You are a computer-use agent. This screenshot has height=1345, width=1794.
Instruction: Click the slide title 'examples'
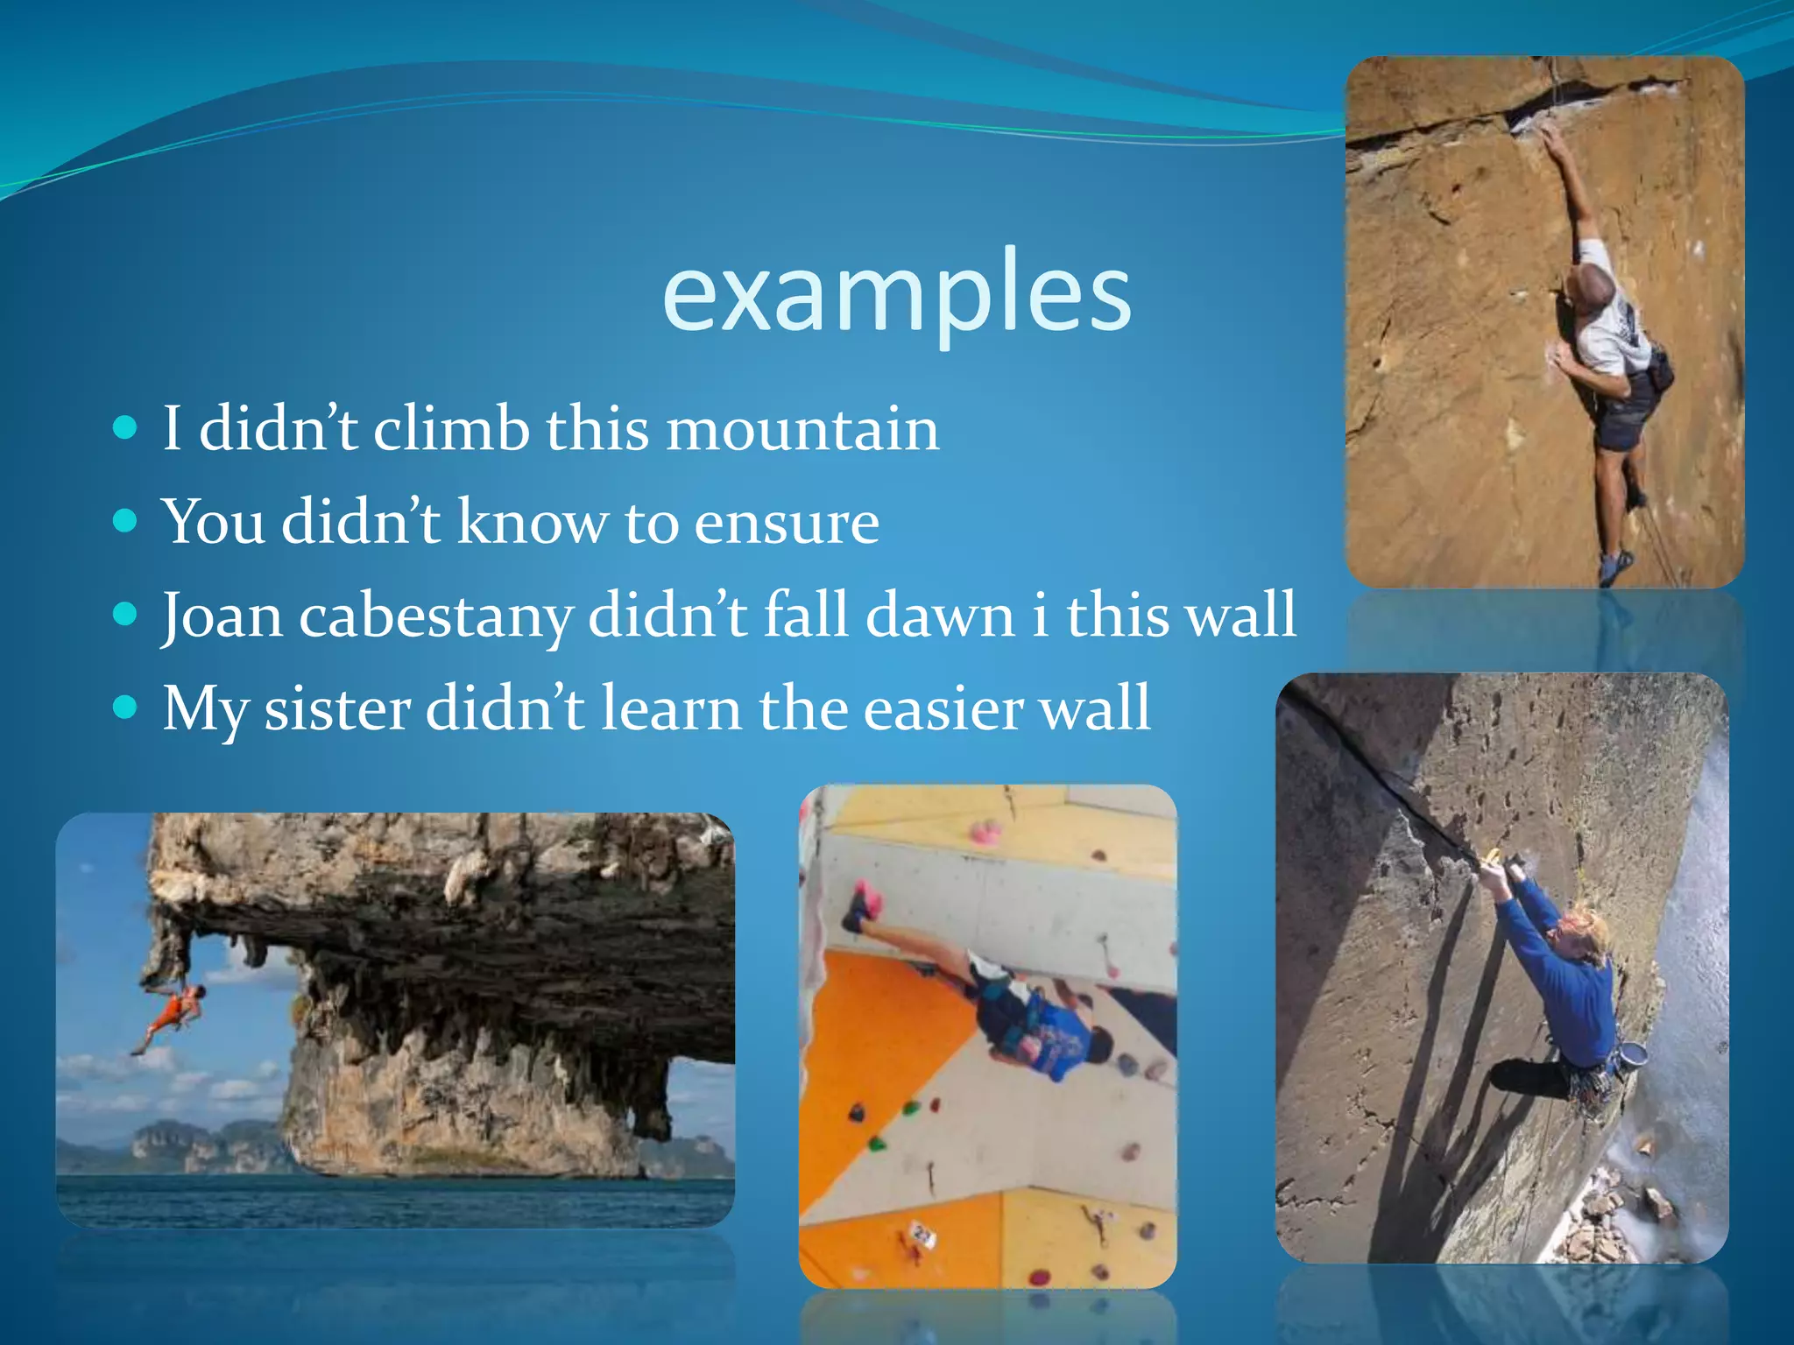896,293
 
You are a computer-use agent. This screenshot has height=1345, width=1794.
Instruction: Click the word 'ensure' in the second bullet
787,523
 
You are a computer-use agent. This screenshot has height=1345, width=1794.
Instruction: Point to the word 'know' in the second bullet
532,523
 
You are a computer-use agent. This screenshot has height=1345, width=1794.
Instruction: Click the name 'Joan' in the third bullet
222,616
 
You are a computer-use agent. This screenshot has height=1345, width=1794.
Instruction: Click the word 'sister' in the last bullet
337,708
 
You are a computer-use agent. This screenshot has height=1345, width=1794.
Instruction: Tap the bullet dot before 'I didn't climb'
126,427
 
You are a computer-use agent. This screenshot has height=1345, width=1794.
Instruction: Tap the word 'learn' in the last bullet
671,708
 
